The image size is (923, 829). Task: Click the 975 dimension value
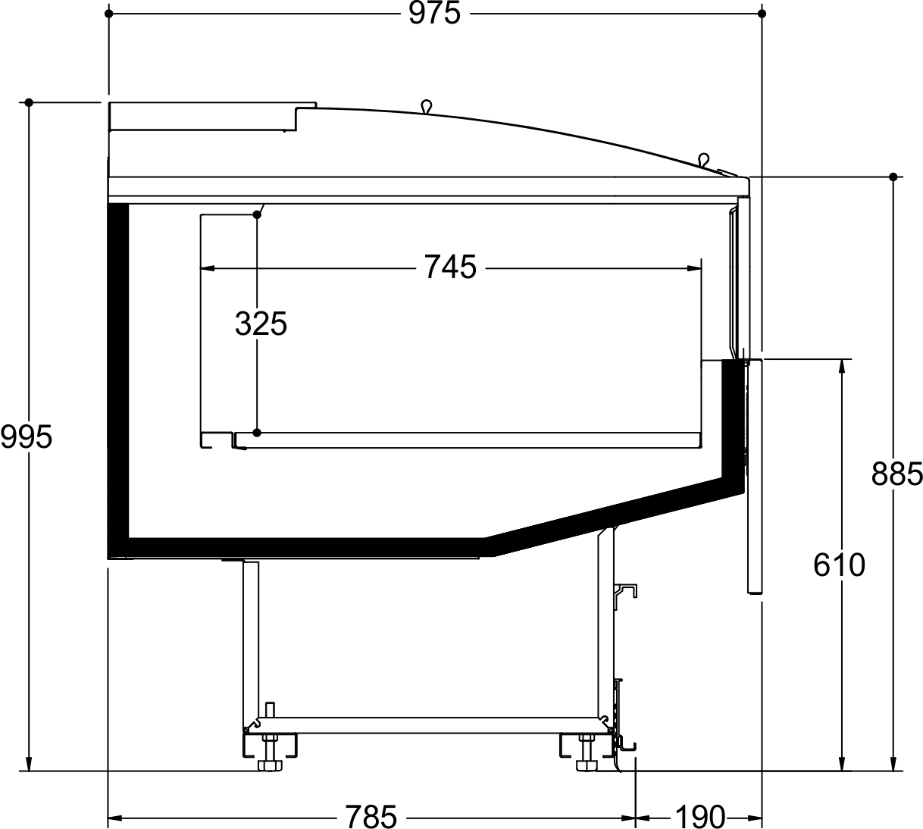point(434,13)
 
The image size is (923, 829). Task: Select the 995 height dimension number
point(27,436)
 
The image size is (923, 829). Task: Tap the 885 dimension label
point(896,474)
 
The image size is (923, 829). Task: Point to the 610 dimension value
point(839,565)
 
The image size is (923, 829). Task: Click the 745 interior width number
point(450,267)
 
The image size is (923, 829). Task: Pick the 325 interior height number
point(261,324)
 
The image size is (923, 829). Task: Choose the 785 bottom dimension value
point(371,816)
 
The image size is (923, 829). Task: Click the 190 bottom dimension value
point(699,816)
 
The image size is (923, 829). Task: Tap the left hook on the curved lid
point(426,106)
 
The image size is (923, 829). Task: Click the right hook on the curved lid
point(704,159)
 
